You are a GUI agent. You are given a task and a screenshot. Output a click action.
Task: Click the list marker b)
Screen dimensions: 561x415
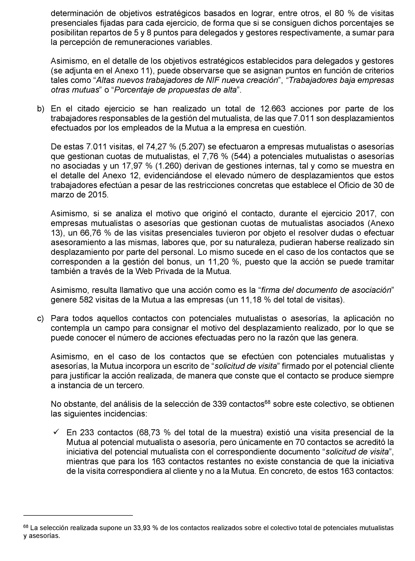[40, 109]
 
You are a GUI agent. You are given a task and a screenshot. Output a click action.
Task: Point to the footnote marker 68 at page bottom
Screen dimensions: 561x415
[26, 526]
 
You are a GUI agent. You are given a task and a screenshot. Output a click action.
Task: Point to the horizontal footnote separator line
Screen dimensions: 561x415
[78, 515]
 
